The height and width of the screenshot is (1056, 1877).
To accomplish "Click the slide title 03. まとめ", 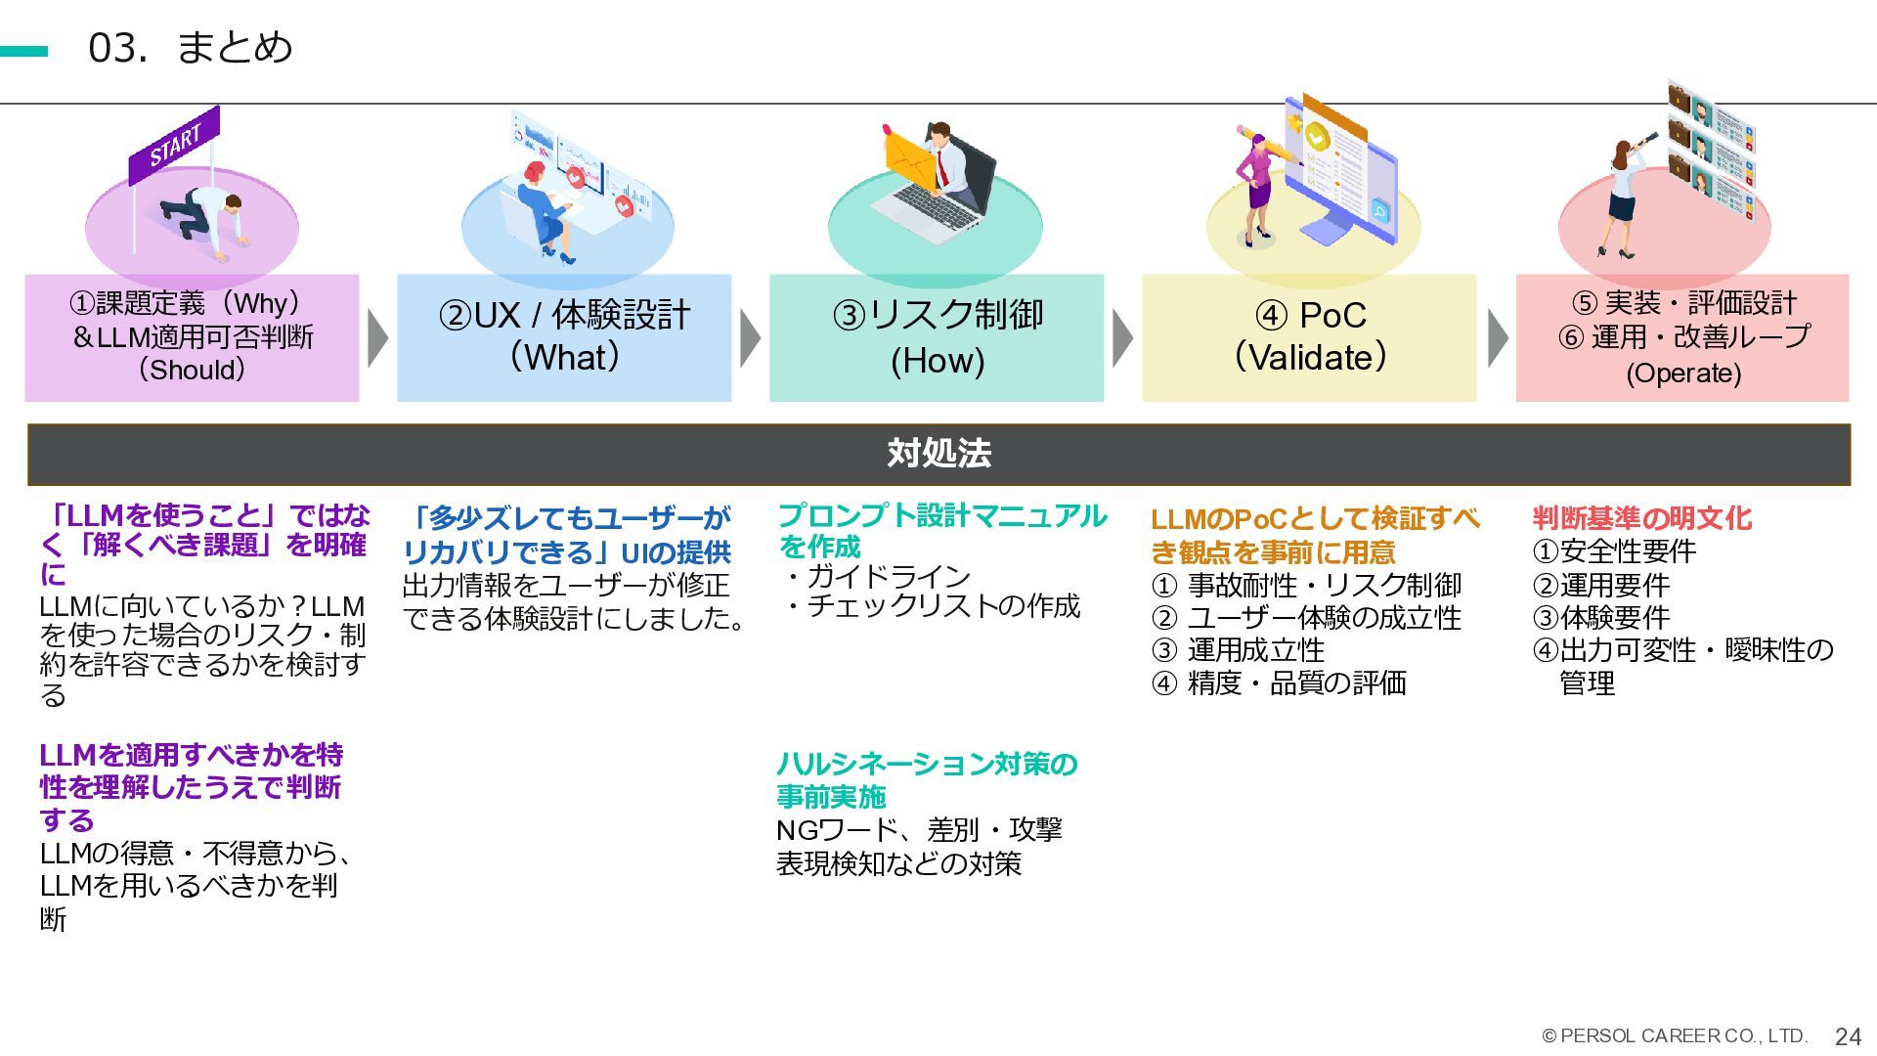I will [191, 48].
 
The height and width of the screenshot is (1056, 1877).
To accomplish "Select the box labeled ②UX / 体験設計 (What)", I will [564, 337].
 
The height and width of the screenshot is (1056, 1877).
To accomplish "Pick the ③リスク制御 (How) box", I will [937, 337].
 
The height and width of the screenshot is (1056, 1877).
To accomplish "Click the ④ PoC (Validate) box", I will [1309, 337].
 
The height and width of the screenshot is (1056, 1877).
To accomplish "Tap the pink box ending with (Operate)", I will [1682, 337].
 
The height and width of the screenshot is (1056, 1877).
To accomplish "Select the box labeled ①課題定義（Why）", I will [192, 337].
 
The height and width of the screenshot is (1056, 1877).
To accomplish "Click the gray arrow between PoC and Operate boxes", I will [1497, 338].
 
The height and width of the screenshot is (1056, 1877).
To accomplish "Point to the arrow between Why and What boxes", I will [377, 338].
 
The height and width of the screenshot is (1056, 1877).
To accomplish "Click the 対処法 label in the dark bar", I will [938, 454].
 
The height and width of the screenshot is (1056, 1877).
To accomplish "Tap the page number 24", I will [1848, 1036].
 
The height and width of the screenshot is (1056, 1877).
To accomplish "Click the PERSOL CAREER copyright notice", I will [1675, 1035].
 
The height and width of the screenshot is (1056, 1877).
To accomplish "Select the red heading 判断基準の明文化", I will [1641, 518].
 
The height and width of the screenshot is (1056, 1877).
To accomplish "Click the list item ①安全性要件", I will [1614, 551].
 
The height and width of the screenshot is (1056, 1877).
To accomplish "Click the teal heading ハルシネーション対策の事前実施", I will [926, 780].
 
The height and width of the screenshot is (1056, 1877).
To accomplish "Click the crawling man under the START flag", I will [205, 220].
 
